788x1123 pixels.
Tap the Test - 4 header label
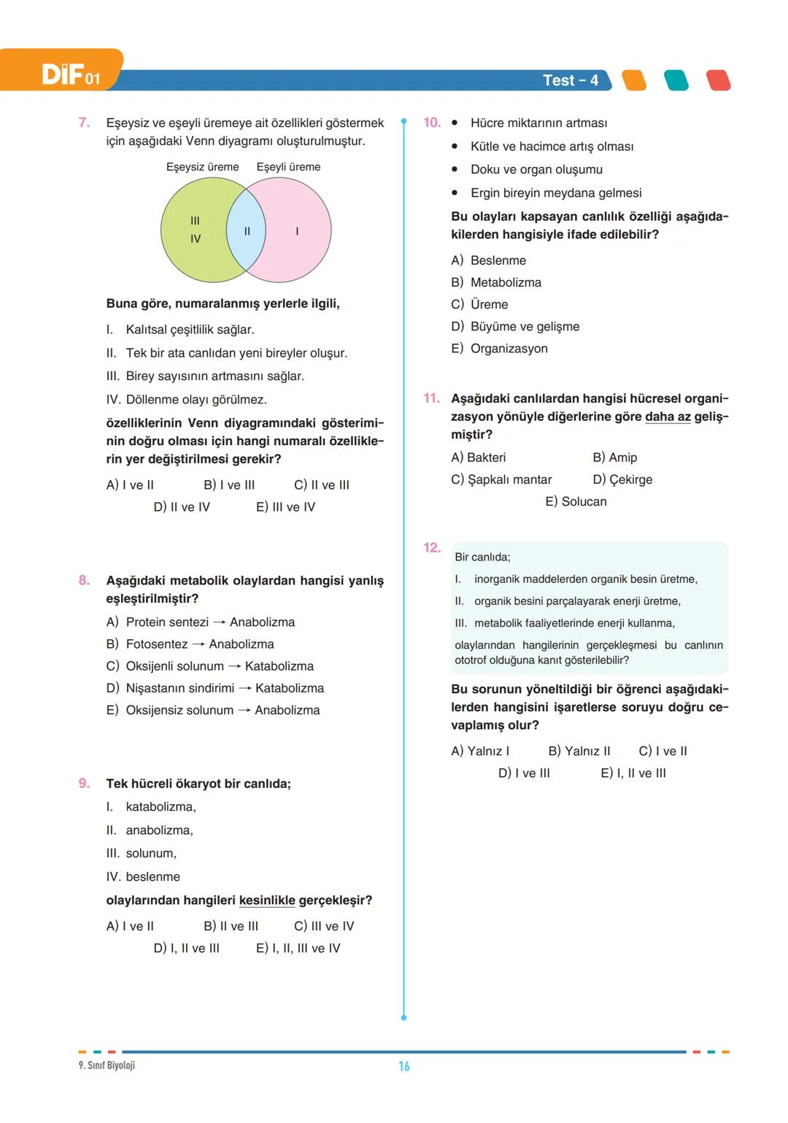[x=570, y=80]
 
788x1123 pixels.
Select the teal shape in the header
[x=676, y=80]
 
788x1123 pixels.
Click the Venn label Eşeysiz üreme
[x=202, y=167]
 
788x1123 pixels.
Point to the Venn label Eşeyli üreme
[x=288, y=167]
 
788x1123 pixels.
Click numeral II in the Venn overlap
[x=247, y=231]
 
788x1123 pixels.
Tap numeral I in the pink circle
[x=297, y=231]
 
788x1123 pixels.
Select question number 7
[x=84, y=123]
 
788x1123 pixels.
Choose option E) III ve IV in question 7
[x=285, y=507]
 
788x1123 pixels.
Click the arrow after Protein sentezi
[x=219, y=622]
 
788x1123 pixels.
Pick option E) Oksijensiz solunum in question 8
[x=212, y=710]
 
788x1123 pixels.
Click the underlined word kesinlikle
[x=267, y=900]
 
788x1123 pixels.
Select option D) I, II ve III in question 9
[x=186, y=949]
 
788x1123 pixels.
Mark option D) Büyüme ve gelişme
[x=515, y=327]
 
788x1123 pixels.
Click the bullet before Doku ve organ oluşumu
[x=455, y=169]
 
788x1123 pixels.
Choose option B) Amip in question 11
[x=614, y=458]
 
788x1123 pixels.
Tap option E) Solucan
[x=576, y=502]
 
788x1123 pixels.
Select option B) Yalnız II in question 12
[x=579, y=752]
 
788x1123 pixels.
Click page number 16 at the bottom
[x=403, y=1067]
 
